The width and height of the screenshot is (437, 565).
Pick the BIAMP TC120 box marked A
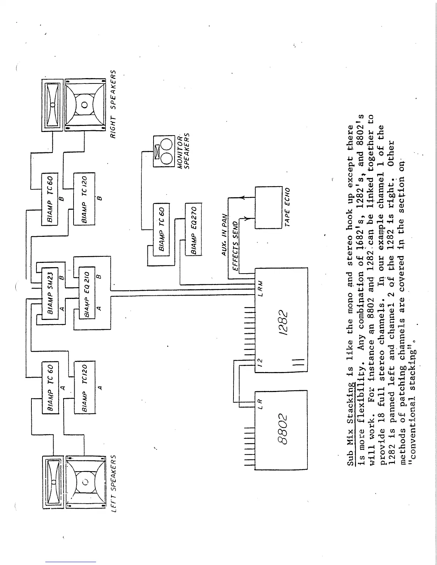[x=85, y=387]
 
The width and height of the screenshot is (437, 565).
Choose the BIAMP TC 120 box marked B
[x=84, y=199]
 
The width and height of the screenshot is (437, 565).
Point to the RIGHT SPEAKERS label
[x=113, y=105]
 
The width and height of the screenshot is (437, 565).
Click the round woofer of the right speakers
[x=85, y=105]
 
